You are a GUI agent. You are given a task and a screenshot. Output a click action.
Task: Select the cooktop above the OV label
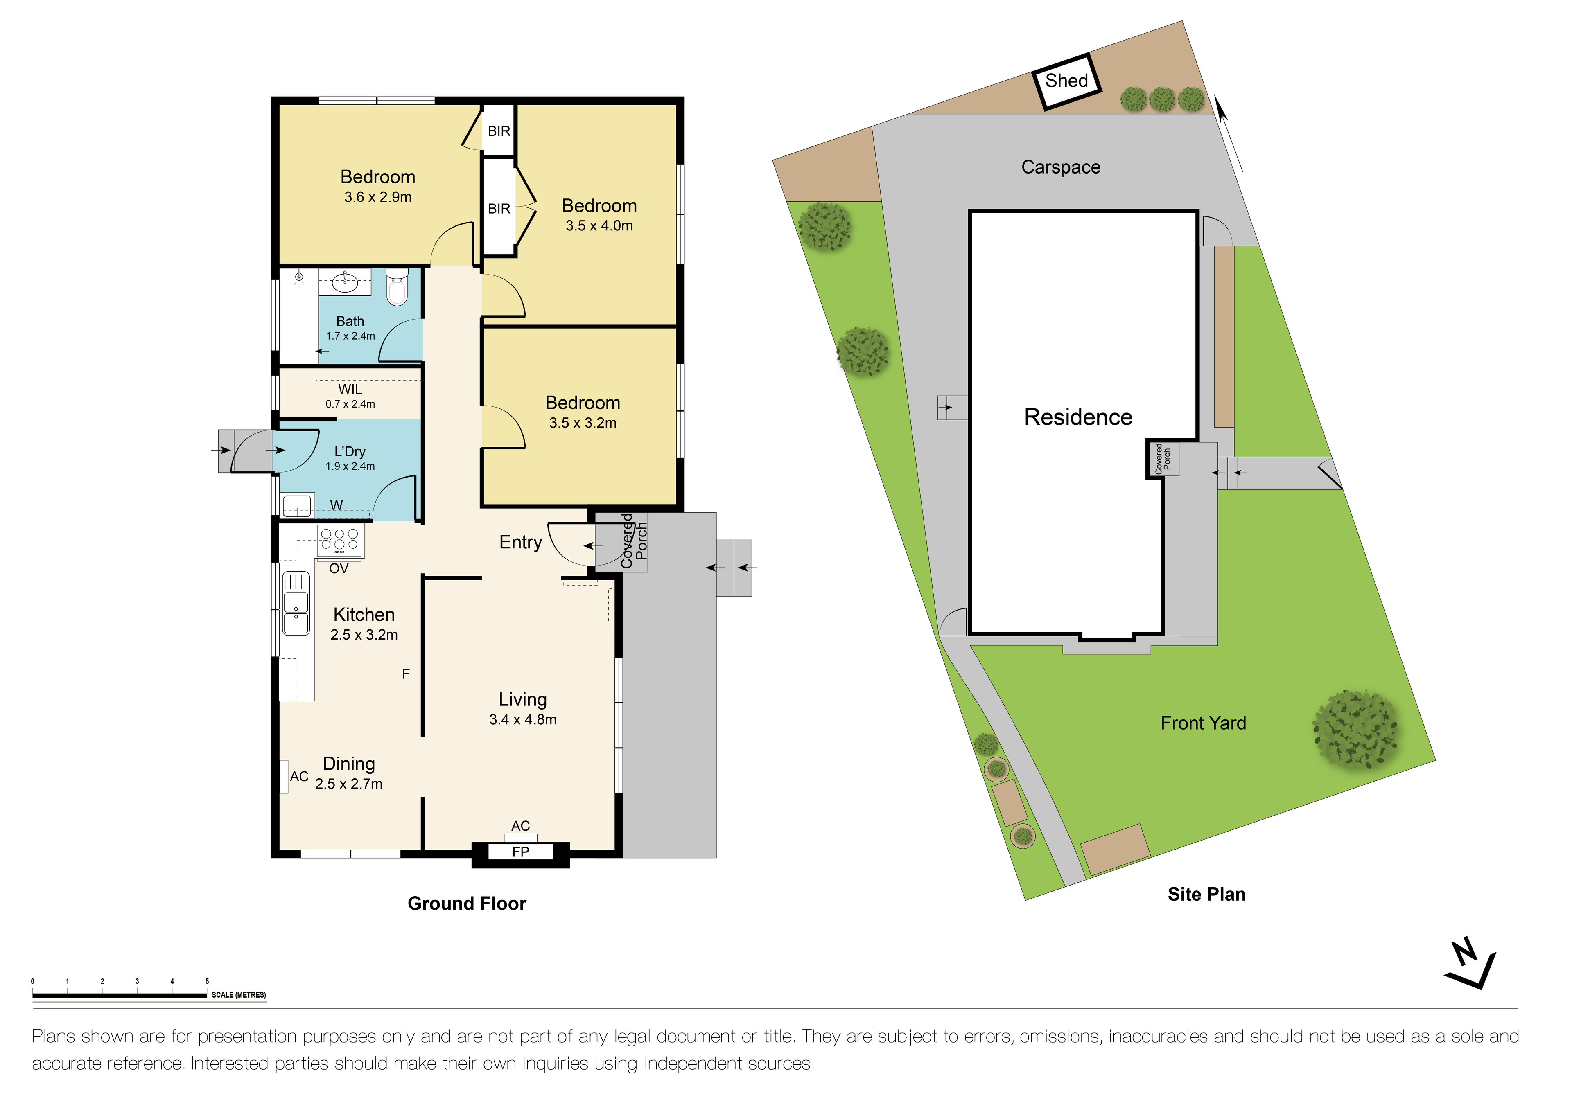[340, 540]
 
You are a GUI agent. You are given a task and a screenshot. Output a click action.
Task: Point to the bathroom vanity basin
[344, 282]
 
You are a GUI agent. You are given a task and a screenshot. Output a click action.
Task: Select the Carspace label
[1061, 167]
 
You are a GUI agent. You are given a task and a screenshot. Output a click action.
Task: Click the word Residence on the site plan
[1077, 417]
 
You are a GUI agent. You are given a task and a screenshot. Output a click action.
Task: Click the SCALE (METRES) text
[238, 995]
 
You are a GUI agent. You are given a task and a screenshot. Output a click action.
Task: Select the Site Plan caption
[1206, 894]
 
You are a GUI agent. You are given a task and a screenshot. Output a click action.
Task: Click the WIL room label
[350, 390]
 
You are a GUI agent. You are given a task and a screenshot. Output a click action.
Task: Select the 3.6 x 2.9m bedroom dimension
[378, 197]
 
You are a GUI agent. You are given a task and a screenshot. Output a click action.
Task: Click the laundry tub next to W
[297, 507]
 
